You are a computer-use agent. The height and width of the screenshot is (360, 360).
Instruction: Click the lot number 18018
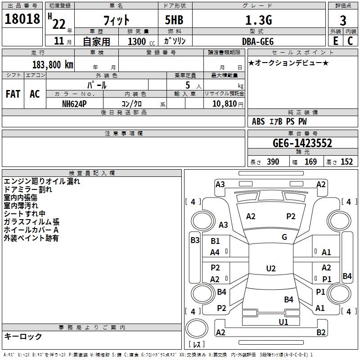(x=22, y=19)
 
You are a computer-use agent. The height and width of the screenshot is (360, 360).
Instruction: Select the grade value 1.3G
(x=259, y=20)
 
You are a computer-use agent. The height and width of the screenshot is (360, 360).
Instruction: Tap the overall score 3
(x=343, y=20)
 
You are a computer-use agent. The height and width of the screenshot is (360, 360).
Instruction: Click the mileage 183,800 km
(x=53, y=65)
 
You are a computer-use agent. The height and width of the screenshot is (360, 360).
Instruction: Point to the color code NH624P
(x=74, y=104)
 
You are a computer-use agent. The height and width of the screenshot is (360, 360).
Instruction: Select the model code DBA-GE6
(x=258, y=41)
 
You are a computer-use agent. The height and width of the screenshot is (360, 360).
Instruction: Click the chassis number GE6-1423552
(x=302, y=143)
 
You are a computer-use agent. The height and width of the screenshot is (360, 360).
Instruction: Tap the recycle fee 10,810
(x=224, y=103)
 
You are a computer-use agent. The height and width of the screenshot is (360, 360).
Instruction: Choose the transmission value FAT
(x=13, y=94)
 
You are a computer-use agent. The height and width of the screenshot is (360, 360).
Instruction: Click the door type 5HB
(x=174, y=20)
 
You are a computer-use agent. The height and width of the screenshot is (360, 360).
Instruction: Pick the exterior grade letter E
(x=335, y=41)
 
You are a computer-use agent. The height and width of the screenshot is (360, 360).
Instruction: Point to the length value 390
(x=273, y=162)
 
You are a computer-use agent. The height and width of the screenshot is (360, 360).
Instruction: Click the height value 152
(x=346, y=162)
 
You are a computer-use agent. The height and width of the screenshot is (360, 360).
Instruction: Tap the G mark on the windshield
(x=284, y=237)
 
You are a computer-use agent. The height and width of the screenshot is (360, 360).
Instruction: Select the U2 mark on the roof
(x=271, y=268)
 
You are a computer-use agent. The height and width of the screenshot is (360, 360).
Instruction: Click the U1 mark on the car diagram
(x=283, y=322)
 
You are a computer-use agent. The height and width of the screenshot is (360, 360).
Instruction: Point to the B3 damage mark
(x=195, y=240)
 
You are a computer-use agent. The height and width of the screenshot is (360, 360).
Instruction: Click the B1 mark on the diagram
(x=215, y=241)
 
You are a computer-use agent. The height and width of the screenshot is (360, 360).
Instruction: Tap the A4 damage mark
(x=215, y=252)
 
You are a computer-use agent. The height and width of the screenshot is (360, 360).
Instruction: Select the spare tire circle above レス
(x=197, y=328)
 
